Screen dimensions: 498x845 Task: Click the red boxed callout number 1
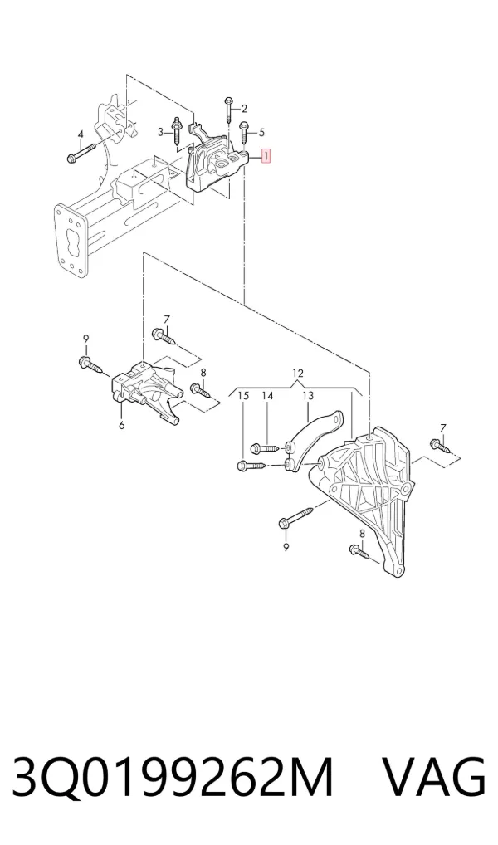(266, 156)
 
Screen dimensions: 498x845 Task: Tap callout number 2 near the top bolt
(244, 109)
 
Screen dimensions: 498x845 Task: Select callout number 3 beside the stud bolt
(160, 132)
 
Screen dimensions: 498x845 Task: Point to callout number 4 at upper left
(81, 134)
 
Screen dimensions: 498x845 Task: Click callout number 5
(262, 132)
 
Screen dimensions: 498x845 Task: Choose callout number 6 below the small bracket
(122, 426)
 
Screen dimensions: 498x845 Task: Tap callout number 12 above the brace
(298, 373)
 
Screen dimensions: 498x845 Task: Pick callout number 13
(307, 396)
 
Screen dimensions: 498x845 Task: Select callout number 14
(268, 396)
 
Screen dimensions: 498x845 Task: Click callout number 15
(243, 396)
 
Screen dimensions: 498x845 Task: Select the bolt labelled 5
(244, 134)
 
